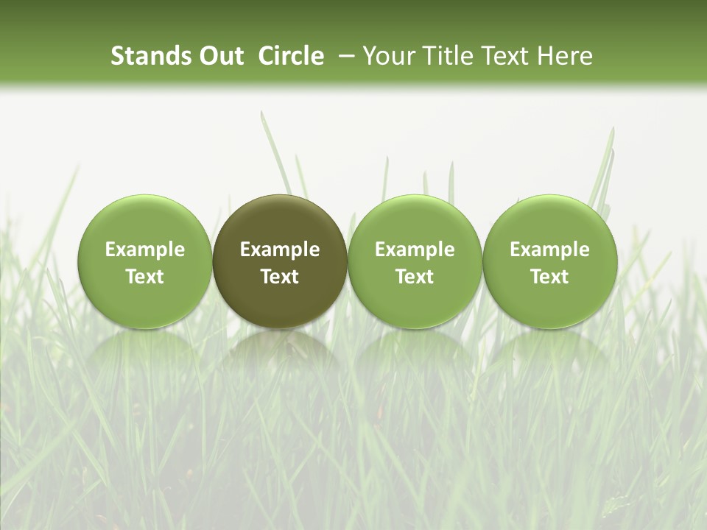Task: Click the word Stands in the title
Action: point(148,56)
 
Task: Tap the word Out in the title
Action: point(219,56)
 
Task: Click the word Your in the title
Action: point(388,56)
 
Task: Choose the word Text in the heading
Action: point(506,56)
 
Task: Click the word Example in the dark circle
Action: point(280,250)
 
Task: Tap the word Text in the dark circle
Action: point(280,277)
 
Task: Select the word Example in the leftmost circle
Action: point(145,250)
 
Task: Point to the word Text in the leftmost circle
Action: point(145,277)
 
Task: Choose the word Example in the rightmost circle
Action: point(550,250)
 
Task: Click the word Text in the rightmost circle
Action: point(550,277)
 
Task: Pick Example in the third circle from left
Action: point(415,250)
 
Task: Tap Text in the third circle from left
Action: point(415,277)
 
